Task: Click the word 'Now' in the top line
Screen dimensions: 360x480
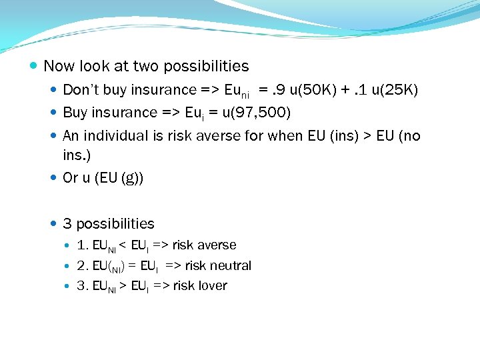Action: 59,67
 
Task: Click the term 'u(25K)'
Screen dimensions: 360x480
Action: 394,89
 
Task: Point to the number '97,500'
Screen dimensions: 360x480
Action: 263,112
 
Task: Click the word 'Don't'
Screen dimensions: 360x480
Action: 79,89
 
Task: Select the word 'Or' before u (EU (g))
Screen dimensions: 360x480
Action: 71,178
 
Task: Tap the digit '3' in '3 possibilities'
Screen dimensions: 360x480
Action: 67,224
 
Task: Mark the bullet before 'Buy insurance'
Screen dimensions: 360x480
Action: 54,113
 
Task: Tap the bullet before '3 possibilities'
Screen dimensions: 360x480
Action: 54,224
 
